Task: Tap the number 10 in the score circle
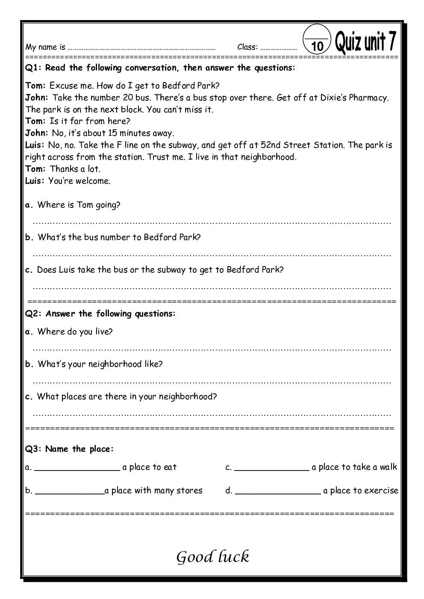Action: [x=317, y=46]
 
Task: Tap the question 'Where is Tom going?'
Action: [x=79, y=205]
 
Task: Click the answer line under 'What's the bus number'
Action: [x=212, y=255]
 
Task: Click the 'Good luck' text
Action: [x=212, y=557]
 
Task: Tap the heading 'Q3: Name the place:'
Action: [x=70, y=449]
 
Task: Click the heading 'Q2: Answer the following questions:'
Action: [x=100, y=314]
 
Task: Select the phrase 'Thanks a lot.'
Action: [x=75, y=169]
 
